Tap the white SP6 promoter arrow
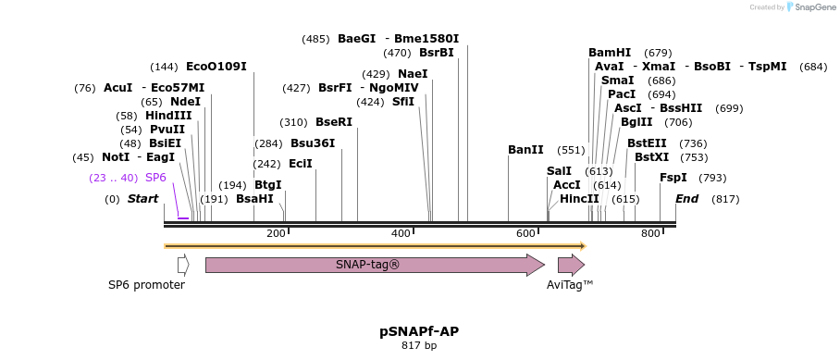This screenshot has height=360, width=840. point(183,265)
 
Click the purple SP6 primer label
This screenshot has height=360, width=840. point(155,177)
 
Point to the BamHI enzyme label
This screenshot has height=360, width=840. point(610,53)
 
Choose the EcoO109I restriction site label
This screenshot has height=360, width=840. point(216,67)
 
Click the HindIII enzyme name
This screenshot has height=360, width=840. point(168,116)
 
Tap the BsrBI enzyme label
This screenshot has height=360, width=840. point(437,53)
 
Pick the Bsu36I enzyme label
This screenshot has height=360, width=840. point(313,143)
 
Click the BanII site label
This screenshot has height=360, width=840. point(525,150)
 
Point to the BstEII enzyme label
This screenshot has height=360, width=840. point(647,143)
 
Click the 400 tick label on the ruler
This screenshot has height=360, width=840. point(401,233)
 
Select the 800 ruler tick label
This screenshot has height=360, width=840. point(650,233)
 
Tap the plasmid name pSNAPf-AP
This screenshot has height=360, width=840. point(419,330)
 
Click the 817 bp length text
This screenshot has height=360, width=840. point(419,346)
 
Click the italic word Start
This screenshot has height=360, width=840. point(143,199)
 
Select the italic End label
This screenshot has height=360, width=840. point(687,199)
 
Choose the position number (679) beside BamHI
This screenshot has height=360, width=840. point(658,53)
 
